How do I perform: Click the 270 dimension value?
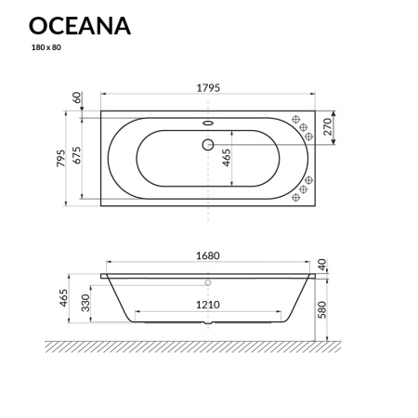327,129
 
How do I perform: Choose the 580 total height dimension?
322,307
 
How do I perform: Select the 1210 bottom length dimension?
207,305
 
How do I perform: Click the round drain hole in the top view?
207,145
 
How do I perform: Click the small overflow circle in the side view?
207,281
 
